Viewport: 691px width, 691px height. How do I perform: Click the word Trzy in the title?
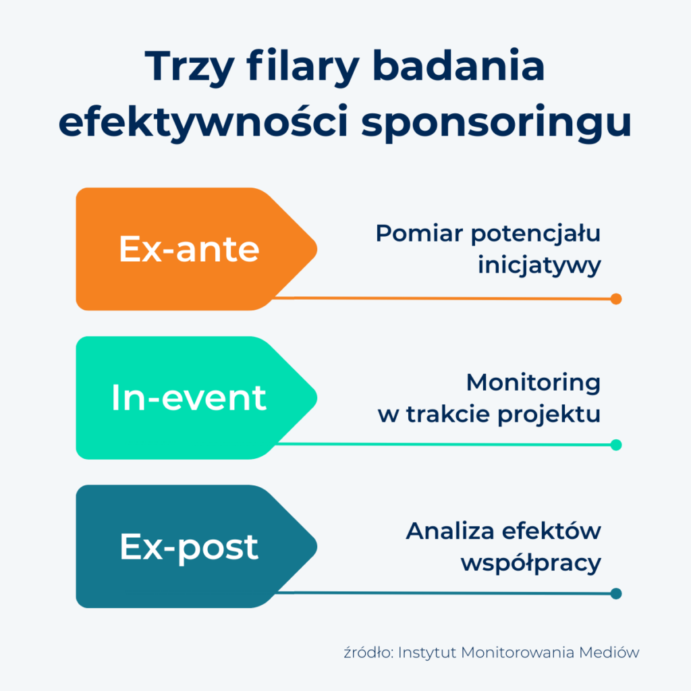coord(190,67)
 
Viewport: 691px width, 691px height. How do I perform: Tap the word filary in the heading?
coord(303,67)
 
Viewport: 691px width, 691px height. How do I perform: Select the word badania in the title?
coord(459,65)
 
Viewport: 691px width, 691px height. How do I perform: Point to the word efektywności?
coord(203,121)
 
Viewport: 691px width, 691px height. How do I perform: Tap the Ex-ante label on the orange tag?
coord(189,249)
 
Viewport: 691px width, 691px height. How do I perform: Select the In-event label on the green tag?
coord(189,397)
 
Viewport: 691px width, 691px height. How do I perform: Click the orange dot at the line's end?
coord(616,299)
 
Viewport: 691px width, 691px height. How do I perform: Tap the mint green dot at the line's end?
coord(616,445)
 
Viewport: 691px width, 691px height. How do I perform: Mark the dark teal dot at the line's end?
coord(616,594)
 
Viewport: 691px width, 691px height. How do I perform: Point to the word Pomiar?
coord(420,233)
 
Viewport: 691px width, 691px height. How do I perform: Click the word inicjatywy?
coord(539,266)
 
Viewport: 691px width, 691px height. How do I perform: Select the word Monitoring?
coord(533,383)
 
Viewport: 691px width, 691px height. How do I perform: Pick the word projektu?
coord(549,415)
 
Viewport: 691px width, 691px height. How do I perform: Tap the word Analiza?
coord(450,531)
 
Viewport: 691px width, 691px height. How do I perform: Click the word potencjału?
coord(536,234)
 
